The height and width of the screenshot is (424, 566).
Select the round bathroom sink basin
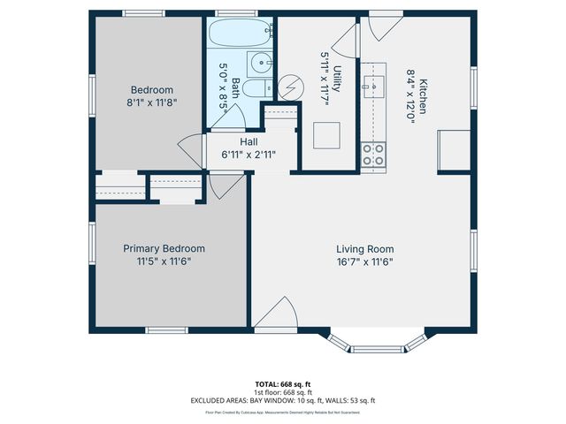259,62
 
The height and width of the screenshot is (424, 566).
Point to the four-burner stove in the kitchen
372,155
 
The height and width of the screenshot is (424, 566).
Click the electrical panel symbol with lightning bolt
290,87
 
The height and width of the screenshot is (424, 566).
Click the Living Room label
364,249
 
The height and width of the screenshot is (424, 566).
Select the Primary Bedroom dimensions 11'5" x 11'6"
164,261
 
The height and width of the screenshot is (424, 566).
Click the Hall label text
249,141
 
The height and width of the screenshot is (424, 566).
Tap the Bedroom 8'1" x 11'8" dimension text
151,102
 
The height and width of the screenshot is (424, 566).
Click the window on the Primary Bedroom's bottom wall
165,330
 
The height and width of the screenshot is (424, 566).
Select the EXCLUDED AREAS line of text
283,400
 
